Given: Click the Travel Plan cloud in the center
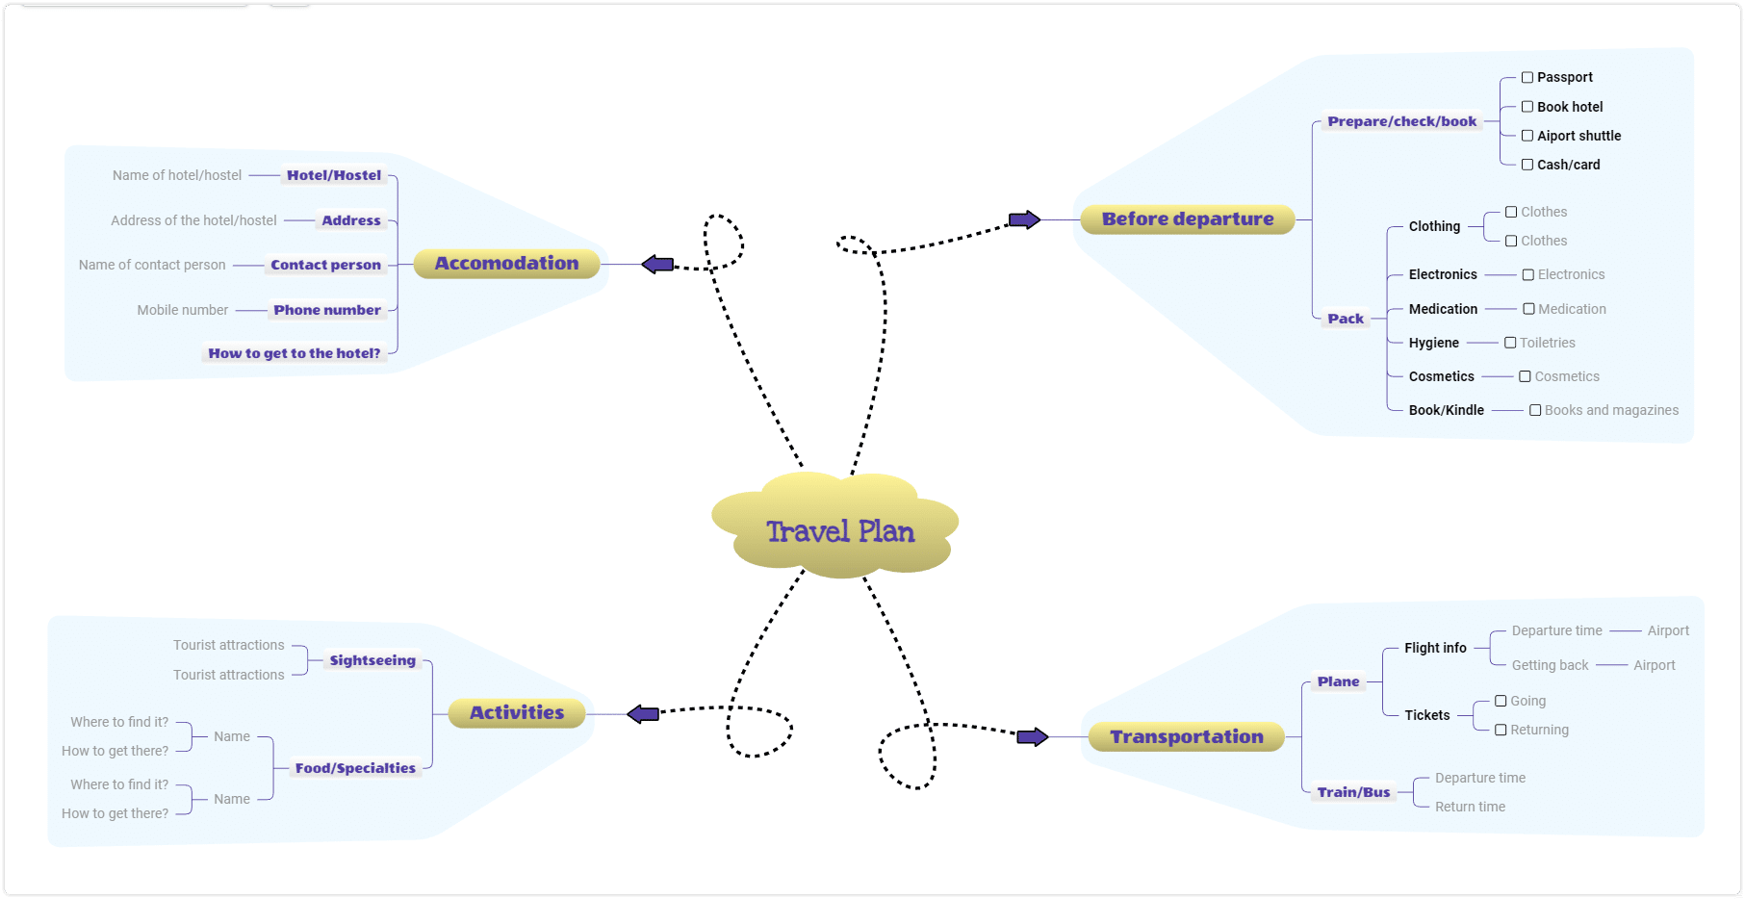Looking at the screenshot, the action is [835, 526].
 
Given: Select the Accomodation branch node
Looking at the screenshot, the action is [507, 264].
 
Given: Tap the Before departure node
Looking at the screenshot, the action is [1188, 219].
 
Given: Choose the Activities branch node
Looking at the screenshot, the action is [517, 713].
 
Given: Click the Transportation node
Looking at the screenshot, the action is [1187, 737].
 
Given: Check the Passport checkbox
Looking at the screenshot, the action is [1527, 78].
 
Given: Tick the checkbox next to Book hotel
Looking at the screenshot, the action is [1527, 107].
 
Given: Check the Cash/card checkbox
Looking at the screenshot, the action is [1527, 165].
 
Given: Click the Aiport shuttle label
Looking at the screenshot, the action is [1579, 136].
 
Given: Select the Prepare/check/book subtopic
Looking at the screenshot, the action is [1402, 121].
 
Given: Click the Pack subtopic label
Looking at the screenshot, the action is [1346, 319].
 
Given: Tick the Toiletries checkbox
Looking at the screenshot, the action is [1510, 343].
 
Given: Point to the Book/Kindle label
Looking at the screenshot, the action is [1447, 410].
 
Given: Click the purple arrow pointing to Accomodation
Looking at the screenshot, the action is [657, 264].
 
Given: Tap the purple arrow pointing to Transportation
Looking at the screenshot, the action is [1033, 737].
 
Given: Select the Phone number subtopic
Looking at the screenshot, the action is [327, 310].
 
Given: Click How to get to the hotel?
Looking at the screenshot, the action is [295, 353].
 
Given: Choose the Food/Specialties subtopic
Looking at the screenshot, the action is [355, 768].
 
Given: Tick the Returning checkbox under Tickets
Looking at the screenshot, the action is [1501, 730].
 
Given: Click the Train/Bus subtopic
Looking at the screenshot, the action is [1354, 792].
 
